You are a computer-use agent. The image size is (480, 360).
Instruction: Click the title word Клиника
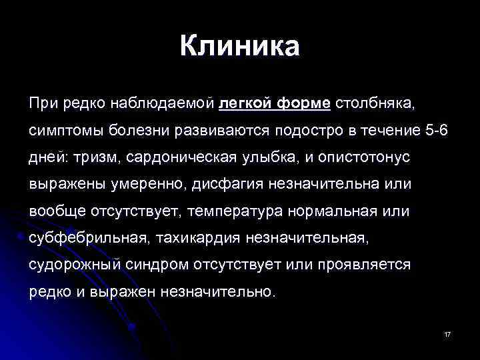tap(240, 47)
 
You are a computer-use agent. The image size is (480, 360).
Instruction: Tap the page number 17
tap(447, 333)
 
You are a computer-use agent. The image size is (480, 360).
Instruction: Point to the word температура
tap(241, 211)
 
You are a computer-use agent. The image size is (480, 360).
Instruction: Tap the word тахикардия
tap(201, 237)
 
